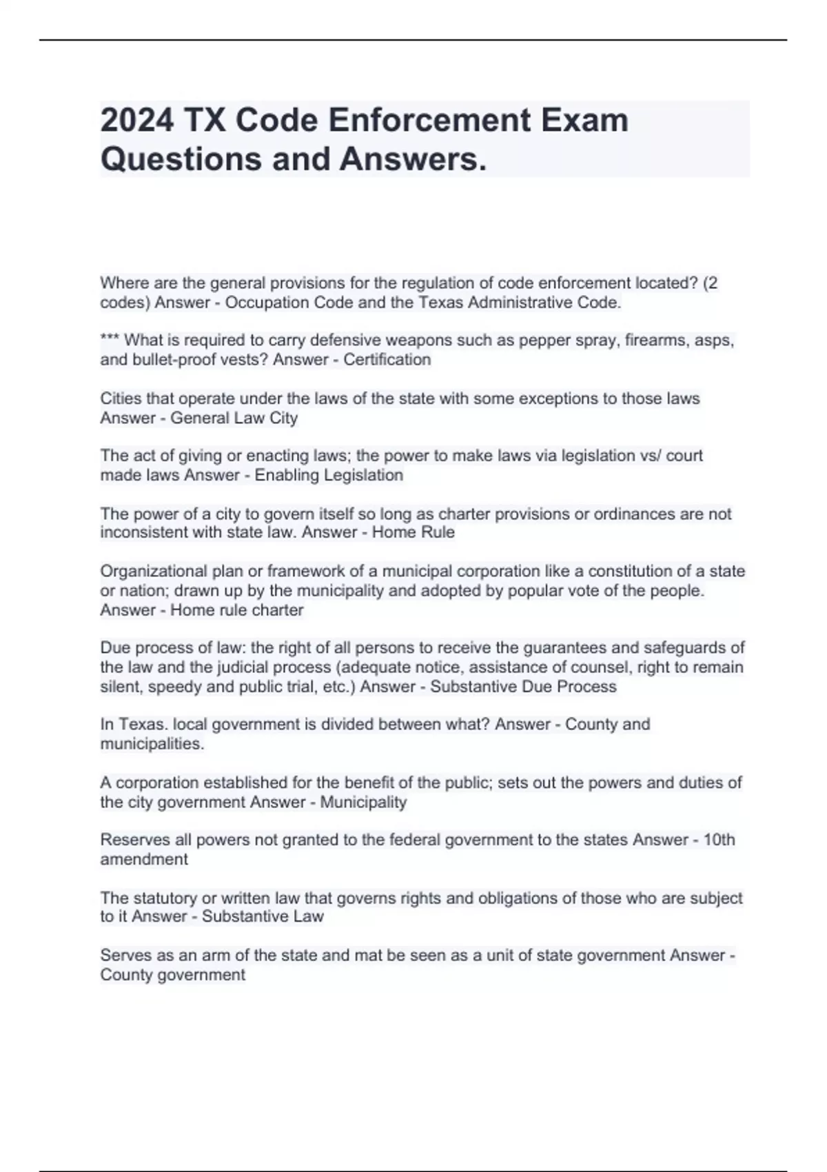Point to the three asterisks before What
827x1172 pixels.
(110, 340)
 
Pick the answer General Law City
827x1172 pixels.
(234, 418)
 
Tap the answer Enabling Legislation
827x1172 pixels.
(329, 475)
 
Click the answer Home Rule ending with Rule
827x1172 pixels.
(413, 532)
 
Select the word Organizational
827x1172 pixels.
(154, 571)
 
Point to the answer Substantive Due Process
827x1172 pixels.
(523, 687)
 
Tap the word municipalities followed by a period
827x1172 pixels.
(152, 744)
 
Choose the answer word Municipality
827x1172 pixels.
(363, 802)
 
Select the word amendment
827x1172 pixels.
(144, 859)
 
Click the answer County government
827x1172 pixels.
(172, 975)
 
